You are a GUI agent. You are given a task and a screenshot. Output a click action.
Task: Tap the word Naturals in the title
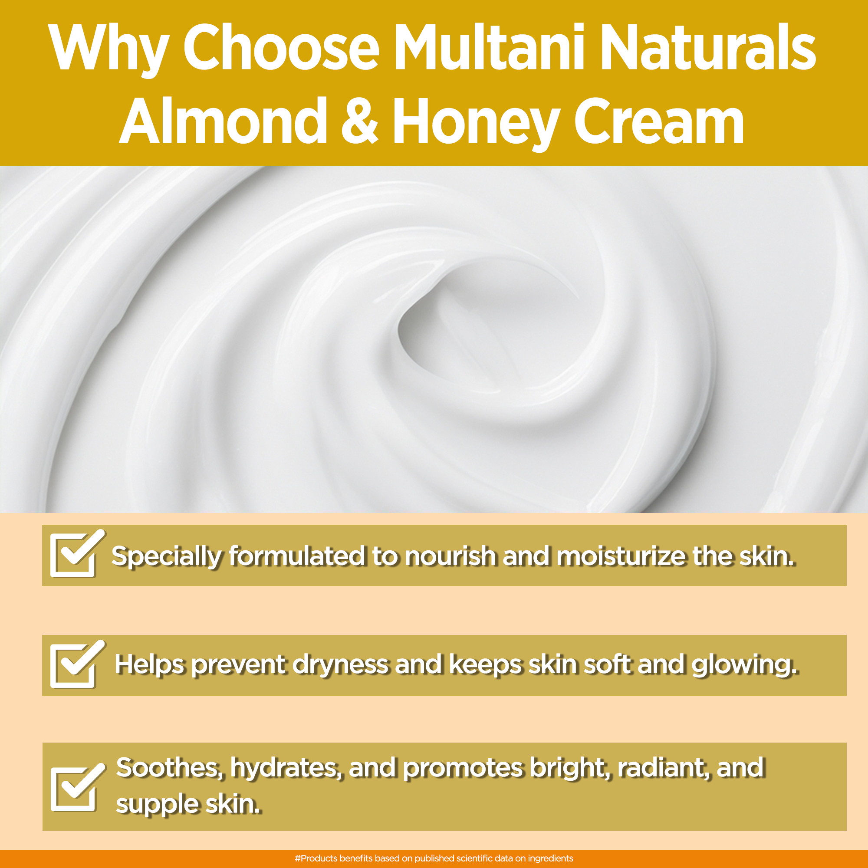point(711,47)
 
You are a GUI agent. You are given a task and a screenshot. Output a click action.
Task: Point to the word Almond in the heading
point(223,120)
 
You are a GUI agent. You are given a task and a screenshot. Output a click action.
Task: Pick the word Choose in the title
point(281,47)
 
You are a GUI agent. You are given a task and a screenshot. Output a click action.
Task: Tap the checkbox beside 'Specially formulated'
point(76,553)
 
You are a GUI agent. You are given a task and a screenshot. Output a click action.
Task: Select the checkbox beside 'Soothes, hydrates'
point(76,787)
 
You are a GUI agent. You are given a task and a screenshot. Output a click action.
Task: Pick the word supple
point(157,805)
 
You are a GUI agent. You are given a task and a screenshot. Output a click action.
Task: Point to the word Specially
point(167,557)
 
